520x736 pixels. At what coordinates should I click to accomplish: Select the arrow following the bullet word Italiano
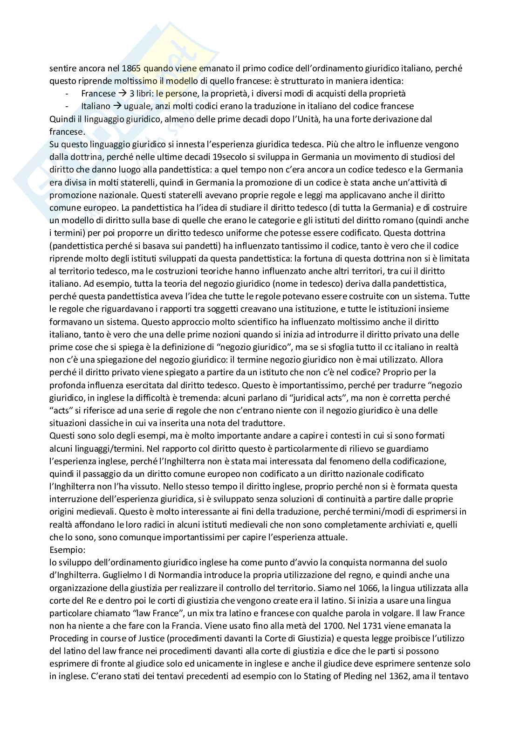tap(117, 106)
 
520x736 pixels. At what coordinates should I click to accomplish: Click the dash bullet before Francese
tap(68, 93)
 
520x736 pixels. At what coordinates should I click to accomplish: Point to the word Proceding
tap(70, 638)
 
